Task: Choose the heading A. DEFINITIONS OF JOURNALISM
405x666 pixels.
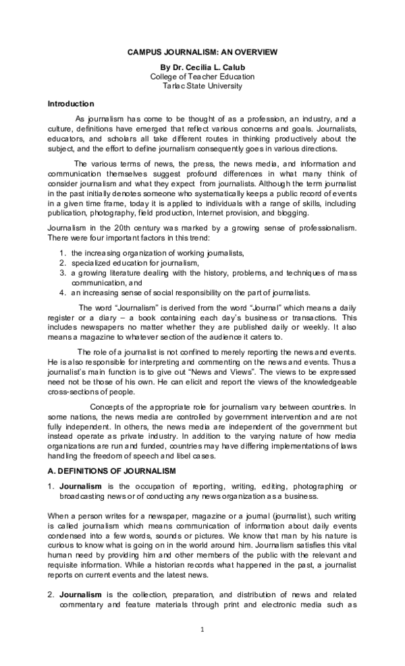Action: coord(111,471)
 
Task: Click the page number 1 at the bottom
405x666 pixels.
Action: coord(202,630)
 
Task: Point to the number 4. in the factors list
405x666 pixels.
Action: coord(62,293)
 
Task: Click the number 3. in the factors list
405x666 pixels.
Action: coord(62,272)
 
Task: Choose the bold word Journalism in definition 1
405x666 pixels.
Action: coord(80,486)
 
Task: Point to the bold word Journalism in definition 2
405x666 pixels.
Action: coord(80,595)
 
